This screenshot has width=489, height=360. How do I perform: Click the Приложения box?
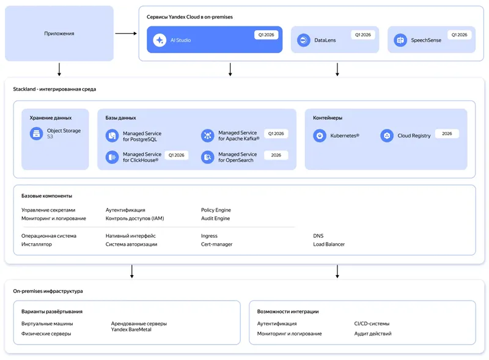[x=59, y=34]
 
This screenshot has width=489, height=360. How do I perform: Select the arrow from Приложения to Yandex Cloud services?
[x=126, y=34]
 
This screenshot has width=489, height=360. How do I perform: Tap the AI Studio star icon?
[x=160, y=40]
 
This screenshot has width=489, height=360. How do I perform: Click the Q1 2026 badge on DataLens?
[x=363, y=35]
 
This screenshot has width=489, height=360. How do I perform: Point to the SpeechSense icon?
[x=400, y=40]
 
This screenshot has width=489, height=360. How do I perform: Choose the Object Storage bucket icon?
[x=37, y=133]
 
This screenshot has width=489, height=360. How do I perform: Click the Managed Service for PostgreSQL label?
[x=142, y=136]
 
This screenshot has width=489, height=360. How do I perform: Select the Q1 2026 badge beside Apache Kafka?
[x=276, y=133]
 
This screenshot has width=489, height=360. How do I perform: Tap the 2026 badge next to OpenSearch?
[x=276, y=155]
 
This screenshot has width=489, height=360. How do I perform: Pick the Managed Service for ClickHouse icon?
[x=112, y=157]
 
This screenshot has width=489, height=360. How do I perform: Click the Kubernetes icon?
[x=320, y=136]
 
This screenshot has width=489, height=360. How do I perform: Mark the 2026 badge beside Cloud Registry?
[x=447, y=133]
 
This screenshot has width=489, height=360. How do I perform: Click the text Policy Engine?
[x=216, y=210]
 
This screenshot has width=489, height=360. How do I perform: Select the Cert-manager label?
[x=216, y=244]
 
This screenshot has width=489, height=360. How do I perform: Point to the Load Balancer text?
[x=329, y=244]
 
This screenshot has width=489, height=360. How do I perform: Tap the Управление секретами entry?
[x=48, y=210]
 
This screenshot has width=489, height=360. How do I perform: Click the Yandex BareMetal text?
[x=131, y=329]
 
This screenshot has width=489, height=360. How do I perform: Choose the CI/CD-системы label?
[x=372, y=323]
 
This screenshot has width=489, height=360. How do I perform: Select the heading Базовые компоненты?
[x=46, y=196]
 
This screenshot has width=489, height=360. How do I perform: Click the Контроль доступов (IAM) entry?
[x=134, y=218]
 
